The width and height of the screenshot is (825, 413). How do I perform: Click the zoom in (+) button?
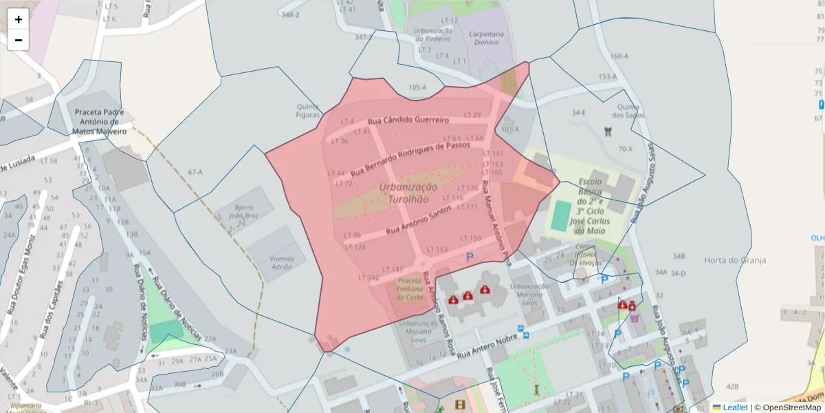click(19, 19)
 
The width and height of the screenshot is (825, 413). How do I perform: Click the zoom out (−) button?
click(19, 40)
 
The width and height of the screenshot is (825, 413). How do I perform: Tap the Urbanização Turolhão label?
click(408, 193)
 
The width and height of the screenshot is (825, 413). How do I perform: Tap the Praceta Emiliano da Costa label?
click(410, 288)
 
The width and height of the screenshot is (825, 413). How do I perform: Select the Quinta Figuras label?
click(308, 111)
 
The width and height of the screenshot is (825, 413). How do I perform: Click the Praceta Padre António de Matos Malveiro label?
click(100, 121)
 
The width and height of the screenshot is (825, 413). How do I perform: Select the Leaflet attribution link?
click(735, 407)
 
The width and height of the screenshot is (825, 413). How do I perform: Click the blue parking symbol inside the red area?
click(470, 257)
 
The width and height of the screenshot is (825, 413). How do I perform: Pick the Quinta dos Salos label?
click(630, 111)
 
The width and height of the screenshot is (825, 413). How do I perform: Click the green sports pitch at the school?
click(561, 215)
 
